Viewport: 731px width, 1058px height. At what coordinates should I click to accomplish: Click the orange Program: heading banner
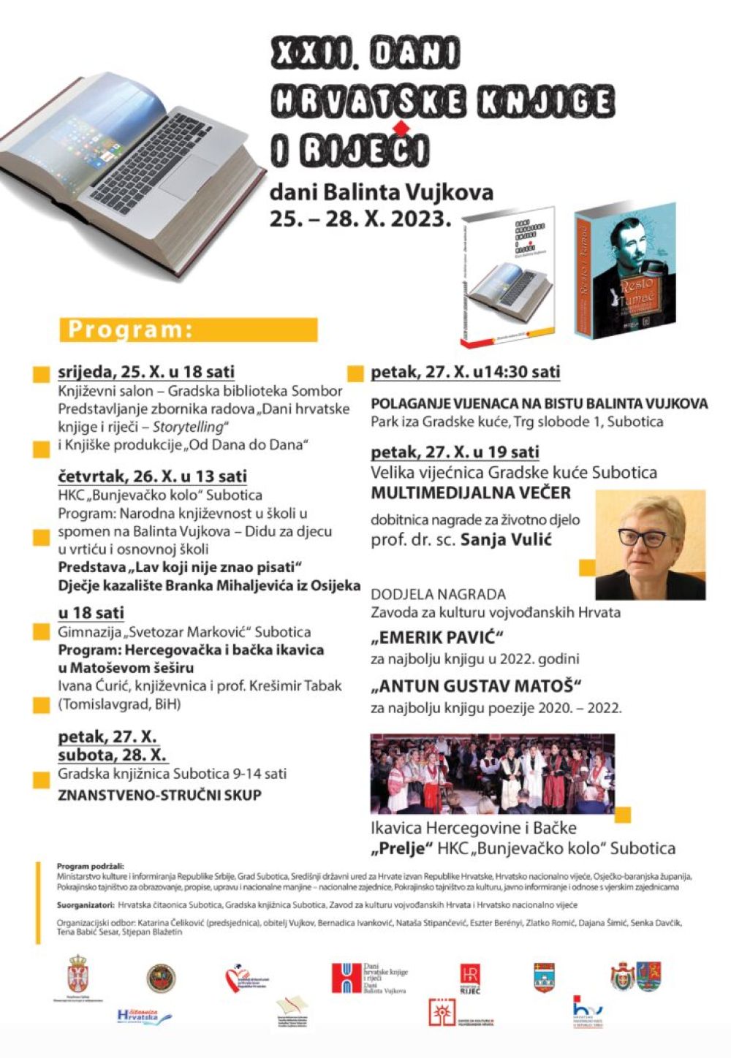pyautogui.click(x=189, y=330)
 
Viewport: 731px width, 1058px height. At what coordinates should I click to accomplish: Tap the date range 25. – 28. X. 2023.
pyautogui.click(x=360, y=218)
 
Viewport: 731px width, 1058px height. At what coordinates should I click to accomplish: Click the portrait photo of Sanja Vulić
pyautogui.click(x=650, y=544)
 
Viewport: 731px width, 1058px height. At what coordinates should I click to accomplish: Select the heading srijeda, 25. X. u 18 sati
pyautogui.click(x=146, y=372)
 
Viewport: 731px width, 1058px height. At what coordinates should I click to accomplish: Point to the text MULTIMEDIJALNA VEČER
pyautogui.click(x=471, y=492)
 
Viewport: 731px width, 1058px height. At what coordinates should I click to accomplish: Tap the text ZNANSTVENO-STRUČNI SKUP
pyautogui.click(x=159, y=795)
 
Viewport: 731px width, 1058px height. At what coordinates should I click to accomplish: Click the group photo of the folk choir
pyautogui.click(x=492, y=774)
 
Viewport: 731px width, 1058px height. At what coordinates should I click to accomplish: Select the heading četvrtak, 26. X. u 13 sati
pyautogui.click(x=152, y=476)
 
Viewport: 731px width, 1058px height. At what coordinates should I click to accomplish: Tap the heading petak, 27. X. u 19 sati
pyautogui.click(x=455, y=452)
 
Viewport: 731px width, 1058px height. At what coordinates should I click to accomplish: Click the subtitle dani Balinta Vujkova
pyautogui.click(x=381, y=192)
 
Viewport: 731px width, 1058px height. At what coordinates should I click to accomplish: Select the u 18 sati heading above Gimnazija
pyautogui.click(x=91, y=612)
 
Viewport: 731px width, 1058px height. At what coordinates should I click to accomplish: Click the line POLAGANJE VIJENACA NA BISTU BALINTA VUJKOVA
pyautogui.click(x=539, y=403)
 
